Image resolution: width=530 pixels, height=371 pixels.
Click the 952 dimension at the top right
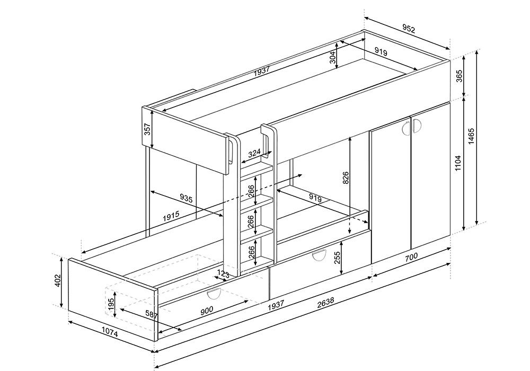[408, 29]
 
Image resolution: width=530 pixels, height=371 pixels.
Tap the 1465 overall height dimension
[472, 136]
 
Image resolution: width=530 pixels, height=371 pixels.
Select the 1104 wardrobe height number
[458, 163]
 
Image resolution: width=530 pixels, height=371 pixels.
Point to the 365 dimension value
[458, 78]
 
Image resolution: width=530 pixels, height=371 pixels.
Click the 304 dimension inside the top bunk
[333, 57]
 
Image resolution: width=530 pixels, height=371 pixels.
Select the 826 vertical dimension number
[346, 178]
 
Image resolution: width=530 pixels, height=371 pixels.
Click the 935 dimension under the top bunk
[186, 198]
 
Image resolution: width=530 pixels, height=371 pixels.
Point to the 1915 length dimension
[171, 216]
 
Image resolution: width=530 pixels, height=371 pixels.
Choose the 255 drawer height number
[337, 258]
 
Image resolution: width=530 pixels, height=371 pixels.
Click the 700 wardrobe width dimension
[411, 257]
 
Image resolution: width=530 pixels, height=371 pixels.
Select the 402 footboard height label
[57, 280]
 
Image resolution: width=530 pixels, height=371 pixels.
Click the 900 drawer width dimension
[207, 310]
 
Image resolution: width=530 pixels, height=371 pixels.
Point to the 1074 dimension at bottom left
[110, 333]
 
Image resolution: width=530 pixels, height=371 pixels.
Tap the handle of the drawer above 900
[214, 295]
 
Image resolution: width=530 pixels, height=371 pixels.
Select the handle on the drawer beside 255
[319, 256]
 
